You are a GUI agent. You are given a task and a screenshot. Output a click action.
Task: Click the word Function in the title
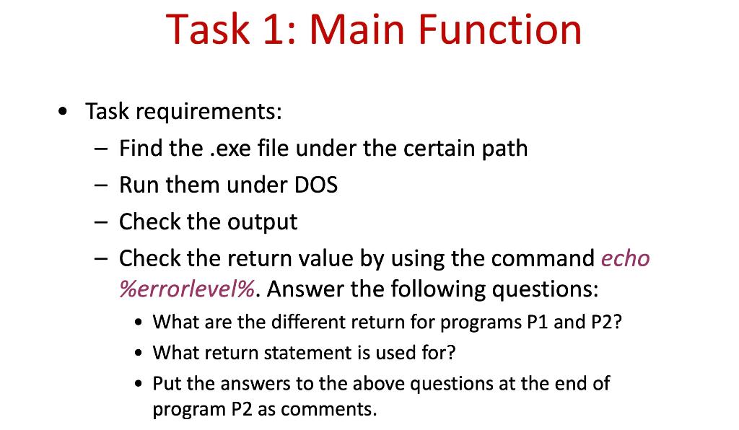pyautogui.click(x=499, y=29)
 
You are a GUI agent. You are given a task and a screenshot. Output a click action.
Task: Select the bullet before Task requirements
pyautogui.click(x=62, y=112)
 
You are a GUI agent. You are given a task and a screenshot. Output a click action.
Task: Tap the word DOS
pyautogui.click(x=316, y=185)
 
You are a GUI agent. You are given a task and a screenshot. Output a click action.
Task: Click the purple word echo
pyautogui.click(x=626, y=258)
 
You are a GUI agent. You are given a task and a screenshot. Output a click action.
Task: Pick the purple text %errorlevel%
pyautogui.click(x=187, y=289)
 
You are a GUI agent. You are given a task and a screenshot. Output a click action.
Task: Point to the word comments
pyautogui.click(x=328, y=409)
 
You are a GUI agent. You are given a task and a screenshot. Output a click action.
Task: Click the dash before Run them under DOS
pyautogui.click(x=101, y=185)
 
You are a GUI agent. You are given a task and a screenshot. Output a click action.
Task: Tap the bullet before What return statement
pyautogui.click(x=138, y=354)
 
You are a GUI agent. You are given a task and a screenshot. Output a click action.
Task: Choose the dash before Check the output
pyautogui.click(x=101, y=221)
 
